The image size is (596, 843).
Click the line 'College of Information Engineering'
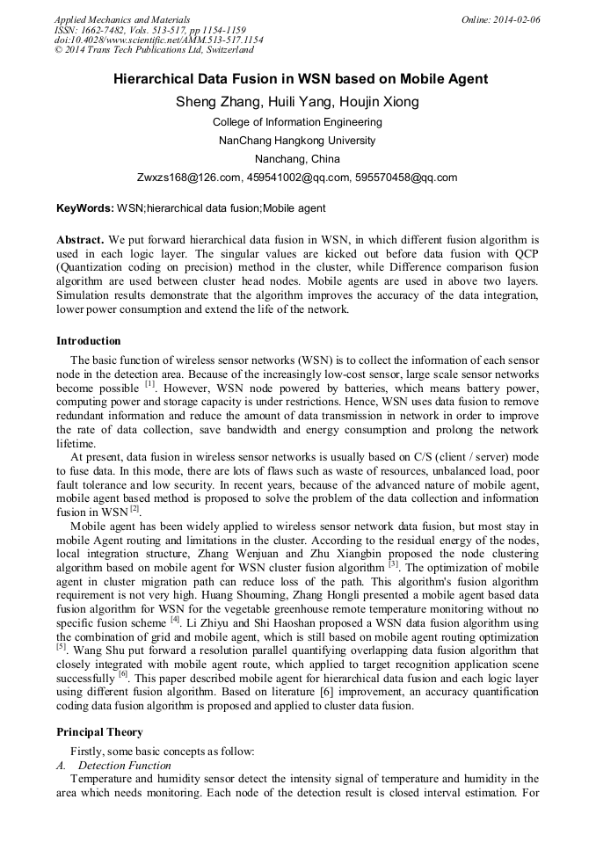coord(297,122)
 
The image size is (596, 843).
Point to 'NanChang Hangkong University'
coord(297,141)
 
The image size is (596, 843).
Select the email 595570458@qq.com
coord(406,178)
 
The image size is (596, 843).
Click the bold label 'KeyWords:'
coord(84,209)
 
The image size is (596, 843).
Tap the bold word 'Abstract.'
coord(81,239)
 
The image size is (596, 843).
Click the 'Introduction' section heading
coord(89,341)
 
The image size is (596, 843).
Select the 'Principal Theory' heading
coord(99,732)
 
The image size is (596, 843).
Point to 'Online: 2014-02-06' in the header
coord(501,19)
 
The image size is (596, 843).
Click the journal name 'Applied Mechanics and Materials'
coord(121,19)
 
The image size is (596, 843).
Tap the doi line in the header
coord(158,40)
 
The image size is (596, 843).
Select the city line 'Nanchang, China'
coord(297,159)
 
